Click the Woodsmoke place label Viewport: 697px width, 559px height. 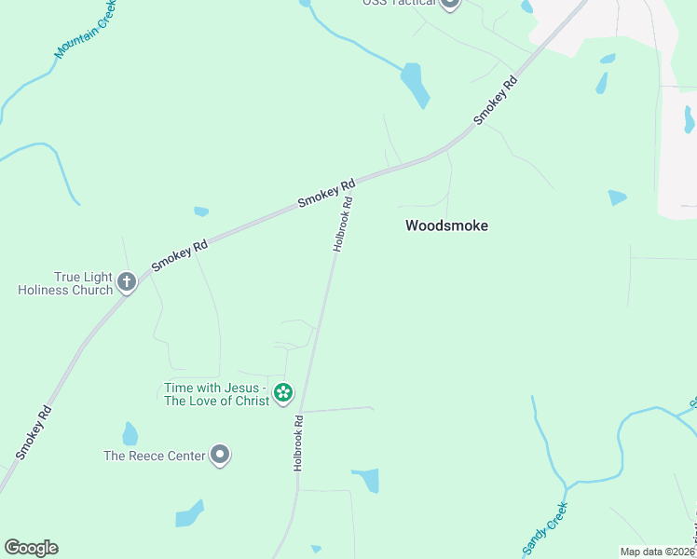point(446,225)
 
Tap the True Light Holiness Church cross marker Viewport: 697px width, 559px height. point(127,281)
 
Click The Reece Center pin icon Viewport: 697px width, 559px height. point(220,455)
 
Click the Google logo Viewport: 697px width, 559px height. point(31,548)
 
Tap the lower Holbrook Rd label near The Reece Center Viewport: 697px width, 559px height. point(299,442)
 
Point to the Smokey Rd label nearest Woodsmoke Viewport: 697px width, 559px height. point(495,101)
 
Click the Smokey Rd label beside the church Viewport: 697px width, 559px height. point(179,256)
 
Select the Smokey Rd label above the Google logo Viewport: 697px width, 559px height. point(33,432)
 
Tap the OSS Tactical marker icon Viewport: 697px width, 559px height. point(450,4)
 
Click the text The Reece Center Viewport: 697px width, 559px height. point(155,456)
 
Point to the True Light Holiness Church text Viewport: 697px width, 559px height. point(65,283)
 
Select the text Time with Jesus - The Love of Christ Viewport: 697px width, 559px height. point(216,394)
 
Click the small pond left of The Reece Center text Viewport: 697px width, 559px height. point(130,434)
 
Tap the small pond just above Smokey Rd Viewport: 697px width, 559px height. point(201,211)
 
